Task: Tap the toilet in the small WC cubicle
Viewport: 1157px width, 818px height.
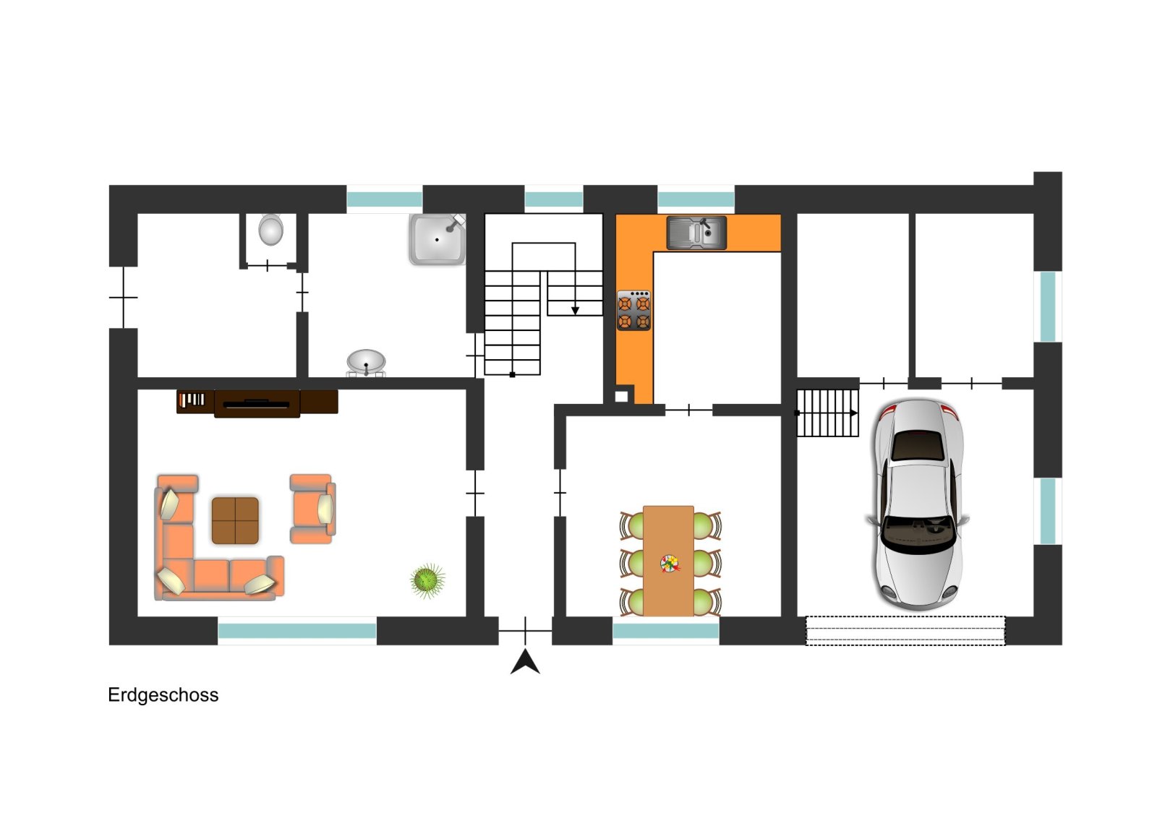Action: click(270, 230)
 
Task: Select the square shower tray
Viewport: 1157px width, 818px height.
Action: click(437, 239)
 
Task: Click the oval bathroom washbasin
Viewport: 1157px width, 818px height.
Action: click(366, 361)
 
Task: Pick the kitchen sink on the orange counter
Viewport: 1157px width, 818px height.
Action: click(696, 233)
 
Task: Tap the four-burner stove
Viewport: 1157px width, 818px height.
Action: click(633, 310)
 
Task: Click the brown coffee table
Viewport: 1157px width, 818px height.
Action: click(235, 521)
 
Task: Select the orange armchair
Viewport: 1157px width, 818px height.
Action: click(312, 509)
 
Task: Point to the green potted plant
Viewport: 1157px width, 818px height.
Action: click(427, 580)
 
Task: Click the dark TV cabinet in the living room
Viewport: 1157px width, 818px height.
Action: click(257, 402)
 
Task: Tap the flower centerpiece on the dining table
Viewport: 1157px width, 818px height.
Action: click(670, 564)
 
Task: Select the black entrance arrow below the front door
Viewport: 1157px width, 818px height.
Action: click(525, 662)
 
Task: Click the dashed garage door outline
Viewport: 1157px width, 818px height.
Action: click(905, 631)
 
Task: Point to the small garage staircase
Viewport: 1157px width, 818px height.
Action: click(827, 413)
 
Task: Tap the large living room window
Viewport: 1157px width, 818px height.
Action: click(297, 631)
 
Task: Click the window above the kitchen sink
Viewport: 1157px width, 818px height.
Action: click(696, 199)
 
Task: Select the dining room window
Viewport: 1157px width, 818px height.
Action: click(666, 631)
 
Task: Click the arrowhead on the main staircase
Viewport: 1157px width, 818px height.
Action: click(575, 311)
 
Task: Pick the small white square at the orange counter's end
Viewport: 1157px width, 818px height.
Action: click(621, 397)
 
